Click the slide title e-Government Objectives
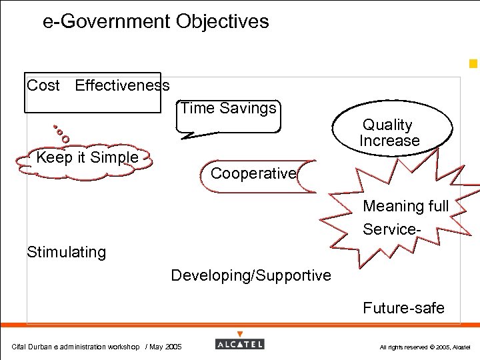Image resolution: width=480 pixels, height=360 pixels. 155,21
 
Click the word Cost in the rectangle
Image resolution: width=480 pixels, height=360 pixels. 43,85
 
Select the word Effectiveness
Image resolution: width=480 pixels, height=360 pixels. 122,85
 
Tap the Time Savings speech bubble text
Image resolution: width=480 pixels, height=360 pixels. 229,108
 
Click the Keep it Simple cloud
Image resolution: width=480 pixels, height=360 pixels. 87,158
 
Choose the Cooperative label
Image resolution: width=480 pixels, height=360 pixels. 253,173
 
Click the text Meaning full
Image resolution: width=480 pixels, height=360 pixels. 405,206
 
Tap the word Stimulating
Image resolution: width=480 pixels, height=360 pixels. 66,252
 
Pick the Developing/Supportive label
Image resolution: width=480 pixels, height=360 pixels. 251,275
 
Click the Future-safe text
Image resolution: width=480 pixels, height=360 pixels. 403,307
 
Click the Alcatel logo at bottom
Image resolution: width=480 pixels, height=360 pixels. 240,344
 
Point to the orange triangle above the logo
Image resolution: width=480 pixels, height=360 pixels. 240,334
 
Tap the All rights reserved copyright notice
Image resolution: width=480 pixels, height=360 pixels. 425,347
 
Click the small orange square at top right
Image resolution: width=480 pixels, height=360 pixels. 473,64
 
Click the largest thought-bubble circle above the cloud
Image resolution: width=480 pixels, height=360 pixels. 65,139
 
